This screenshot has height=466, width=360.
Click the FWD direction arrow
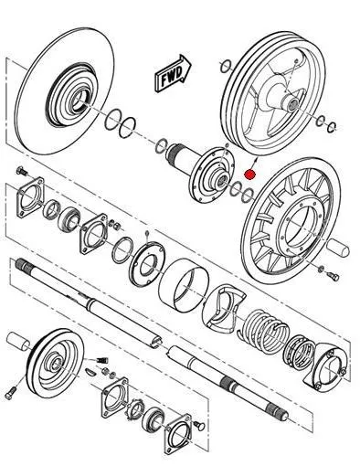click(x=173, y=74)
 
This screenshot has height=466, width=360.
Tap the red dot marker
click(x=249, y=175)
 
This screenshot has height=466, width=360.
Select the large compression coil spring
click(x=264, y=331)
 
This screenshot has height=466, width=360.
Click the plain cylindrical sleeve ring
click(x=184, y=285)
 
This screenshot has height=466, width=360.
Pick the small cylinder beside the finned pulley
click(x=339, y=247)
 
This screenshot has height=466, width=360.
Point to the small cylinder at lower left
click(x=18, y=342)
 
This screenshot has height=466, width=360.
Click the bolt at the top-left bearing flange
click(x=22, y=171)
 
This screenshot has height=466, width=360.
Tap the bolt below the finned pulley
click(x=333, y=276)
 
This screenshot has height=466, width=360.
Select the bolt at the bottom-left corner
click(x=10, y=394)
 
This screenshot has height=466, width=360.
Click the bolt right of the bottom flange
click(x=199, y=426)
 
